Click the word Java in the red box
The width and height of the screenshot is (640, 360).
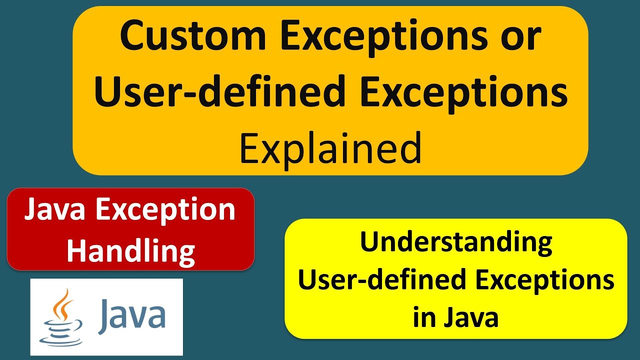tap(54, 209)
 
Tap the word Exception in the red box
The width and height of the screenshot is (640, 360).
tap(165, 210)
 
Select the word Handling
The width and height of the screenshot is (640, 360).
tap(130, 250)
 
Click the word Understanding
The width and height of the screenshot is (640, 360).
tap(455, 243)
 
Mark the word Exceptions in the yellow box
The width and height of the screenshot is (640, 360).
tap(544, 280)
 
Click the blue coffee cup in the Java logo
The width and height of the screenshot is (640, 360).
tap(61, 332)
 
